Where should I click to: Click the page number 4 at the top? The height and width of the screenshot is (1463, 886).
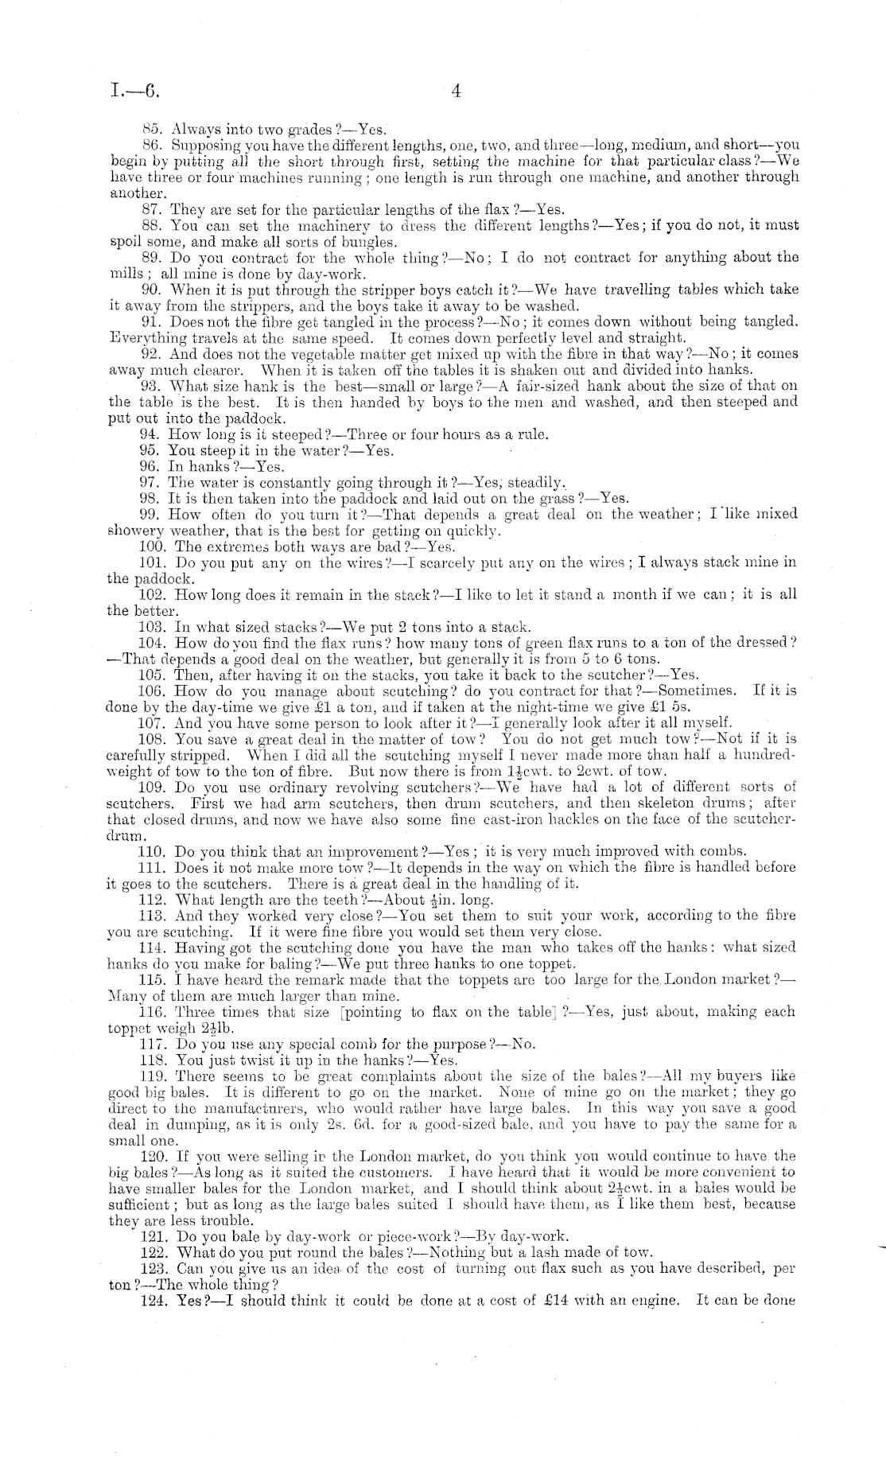click(x=456, y=91)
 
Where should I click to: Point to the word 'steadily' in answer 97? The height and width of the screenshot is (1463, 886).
click(x=535, y=483)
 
